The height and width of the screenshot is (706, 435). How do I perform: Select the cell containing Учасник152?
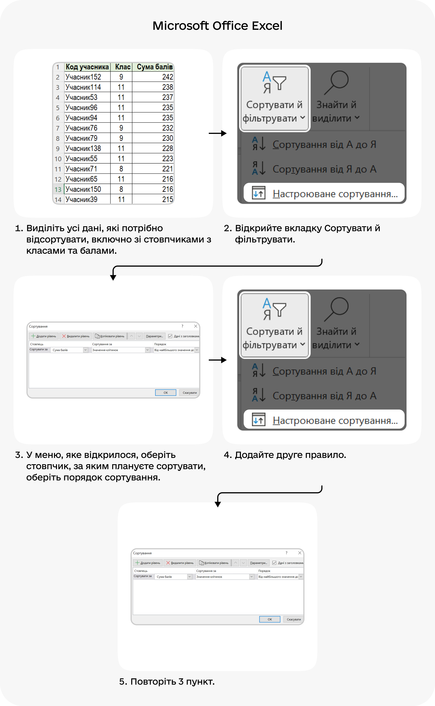[x=83, y=77]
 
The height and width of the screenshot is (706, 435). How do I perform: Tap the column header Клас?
[x=122, y=67]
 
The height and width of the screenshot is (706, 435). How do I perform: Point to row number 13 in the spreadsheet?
[x=58, y=190]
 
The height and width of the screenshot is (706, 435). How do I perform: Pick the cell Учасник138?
[x=83, y=148]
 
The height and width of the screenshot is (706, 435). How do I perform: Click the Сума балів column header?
[x=155, y=67]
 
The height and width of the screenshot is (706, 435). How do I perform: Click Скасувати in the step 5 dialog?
[x=293, y=619]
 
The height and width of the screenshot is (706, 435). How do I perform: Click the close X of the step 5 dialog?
[x=300, y=553]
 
